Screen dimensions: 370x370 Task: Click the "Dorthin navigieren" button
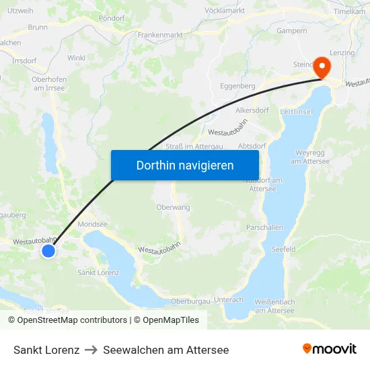click(185, 165)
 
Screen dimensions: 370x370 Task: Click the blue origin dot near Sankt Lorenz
click(48, 251)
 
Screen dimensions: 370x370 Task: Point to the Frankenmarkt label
click(161, 34)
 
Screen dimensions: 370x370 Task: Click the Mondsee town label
click(93, 224)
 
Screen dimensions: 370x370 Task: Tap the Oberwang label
click(173, 207)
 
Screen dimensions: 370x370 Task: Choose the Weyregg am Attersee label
click(310, 157)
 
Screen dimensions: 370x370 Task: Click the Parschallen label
click(264, 227)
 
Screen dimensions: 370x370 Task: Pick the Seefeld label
click(283, 249)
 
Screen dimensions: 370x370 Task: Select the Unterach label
click(229, 299)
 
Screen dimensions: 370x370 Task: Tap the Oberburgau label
click(191, 301)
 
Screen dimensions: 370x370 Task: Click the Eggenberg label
click(237, 86)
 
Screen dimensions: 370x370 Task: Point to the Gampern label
click(292, 31)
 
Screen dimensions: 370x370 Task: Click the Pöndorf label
click(112, 19)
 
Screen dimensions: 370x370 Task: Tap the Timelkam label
click(349, 12)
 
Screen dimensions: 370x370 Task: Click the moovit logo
click(330, 349)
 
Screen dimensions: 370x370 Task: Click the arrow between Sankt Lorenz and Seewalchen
click(91, 350)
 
